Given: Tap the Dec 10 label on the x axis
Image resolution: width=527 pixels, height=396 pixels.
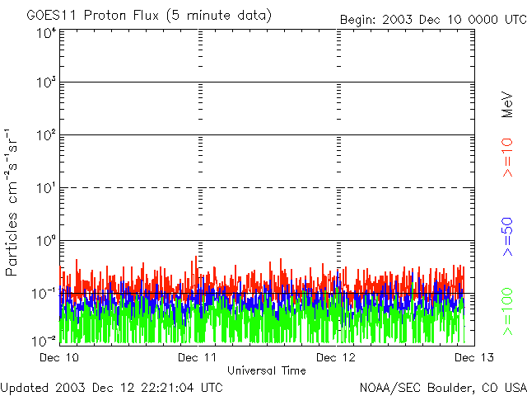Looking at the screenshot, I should (59, 357).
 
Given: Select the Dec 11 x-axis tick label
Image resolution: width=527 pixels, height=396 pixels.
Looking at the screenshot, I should (197, 357).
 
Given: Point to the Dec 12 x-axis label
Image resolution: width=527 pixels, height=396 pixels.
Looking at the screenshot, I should (336, 357).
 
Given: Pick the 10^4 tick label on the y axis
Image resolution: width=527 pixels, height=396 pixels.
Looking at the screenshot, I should (46, 33).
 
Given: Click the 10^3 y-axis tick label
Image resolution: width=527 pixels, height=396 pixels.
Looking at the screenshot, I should (46, 82).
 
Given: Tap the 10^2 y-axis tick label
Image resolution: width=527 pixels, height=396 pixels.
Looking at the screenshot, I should (46, 135).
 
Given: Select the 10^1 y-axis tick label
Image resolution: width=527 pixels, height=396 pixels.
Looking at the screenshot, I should (46, 188).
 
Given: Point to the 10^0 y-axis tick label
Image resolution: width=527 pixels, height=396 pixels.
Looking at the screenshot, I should (46, 241).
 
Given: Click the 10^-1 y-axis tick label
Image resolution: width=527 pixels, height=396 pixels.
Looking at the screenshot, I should (44, 293).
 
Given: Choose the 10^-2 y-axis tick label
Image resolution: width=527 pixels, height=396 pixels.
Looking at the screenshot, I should (44, 340).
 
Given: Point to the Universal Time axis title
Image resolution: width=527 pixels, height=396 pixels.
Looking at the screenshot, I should (266, 370).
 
